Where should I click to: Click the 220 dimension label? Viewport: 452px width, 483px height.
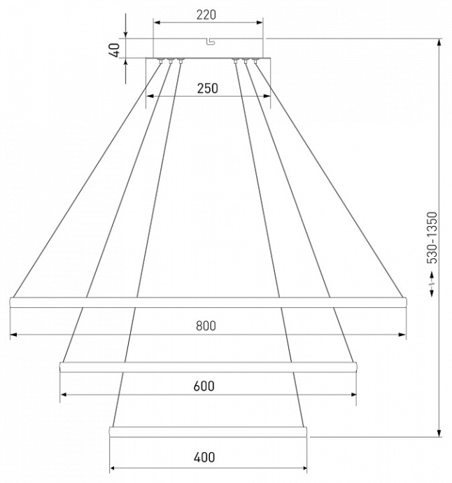[206, 14]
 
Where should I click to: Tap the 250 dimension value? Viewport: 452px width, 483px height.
[208, 88]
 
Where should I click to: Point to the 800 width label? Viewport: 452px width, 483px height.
[206, 325]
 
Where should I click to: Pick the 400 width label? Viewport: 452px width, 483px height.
[204, 458]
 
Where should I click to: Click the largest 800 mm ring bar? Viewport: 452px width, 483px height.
[207, 302]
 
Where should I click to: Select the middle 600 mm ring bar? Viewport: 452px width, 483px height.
[208, 365]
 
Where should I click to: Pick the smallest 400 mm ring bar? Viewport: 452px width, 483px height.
[208, 430]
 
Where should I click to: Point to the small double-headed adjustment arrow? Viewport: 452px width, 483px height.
[432, 283]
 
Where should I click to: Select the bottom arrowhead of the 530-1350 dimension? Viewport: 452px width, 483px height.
[439, 432]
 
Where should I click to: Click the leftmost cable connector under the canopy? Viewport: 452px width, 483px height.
[161, 62]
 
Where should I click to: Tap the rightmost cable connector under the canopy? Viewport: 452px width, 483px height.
[255, 62]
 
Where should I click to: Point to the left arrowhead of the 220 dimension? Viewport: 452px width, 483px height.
[157, 22]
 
